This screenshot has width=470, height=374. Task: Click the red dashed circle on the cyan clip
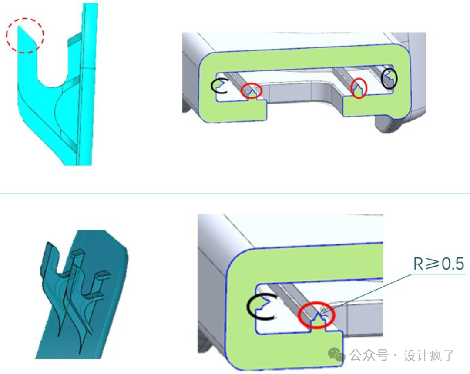coord(25,18)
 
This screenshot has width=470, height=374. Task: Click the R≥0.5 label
coord(439,264)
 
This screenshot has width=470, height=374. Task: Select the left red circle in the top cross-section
coord(252,84)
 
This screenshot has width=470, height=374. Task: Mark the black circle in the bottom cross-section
coord(248,307)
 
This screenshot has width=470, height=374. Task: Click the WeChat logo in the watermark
coord(336,354)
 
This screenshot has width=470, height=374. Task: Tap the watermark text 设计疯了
coord(429,355)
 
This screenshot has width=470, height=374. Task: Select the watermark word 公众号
coord(369,355)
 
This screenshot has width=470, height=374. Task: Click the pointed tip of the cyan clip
coord(19,26)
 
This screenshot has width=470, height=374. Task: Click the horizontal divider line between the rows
coord(235,194)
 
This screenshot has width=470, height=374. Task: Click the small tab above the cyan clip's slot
coord(74,39)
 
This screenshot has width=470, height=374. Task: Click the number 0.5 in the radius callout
coord(453,264)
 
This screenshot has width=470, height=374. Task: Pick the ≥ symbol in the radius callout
coord(433,264)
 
